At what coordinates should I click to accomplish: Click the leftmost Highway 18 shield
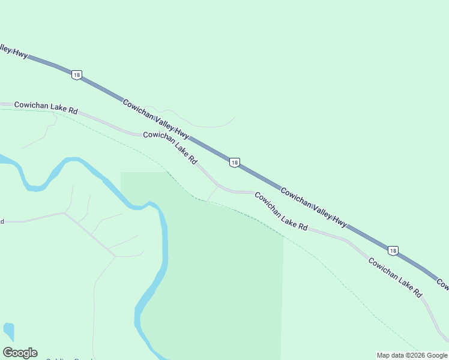(76, 74)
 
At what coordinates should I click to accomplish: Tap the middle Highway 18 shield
(235, 163)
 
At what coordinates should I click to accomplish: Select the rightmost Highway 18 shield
(393, 250)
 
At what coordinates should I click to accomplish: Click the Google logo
(20, 353)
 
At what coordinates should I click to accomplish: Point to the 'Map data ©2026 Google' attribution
(412, 355)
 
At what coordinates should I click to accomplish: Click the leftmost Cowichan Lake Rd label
(46, 107)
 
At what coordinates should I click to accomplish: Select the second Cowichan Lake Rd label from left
(171, 148)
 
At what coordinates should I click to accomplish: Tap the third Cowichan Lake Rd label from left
(281, 211)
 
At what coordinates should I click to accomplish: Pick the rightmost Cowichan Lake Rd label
(395, 278)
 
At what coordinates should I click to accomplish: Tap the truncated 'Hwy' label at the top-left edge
(13, 52)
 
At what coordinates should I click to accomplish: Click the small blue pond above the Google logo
(8, 331)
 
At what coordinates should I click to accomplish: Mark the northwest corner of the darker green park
(122, 173)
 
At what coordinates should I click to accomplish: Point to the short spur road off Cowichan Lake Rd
(212, 193)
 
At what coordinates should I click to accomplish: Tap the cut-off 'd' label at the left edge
(2, 221)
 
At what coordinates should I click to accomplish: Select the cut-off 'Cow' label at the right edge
(442, 282)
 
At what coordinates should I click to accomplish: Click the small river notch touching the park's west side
(139, 207)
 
